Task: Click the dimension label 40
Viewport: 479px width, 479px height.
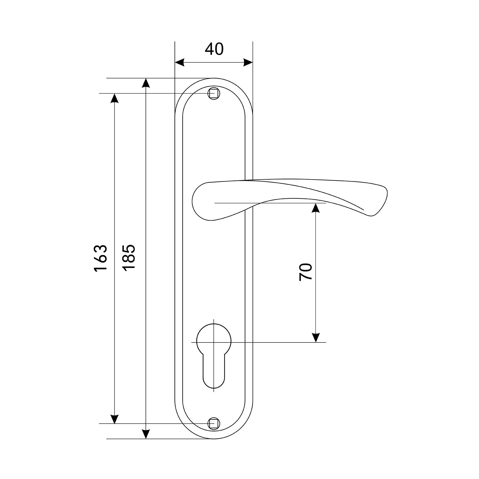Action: click(214, 49)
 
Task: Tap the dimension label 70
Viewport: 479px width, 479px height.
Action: click(306, 272)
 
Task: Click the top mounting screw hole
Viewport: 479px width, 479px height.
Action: click(214, 93)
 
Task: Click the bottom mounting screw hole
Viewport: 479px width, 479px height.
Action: click(214, 424)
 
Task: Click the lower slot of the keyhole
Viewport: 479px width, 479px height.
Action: click(214, 371)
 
